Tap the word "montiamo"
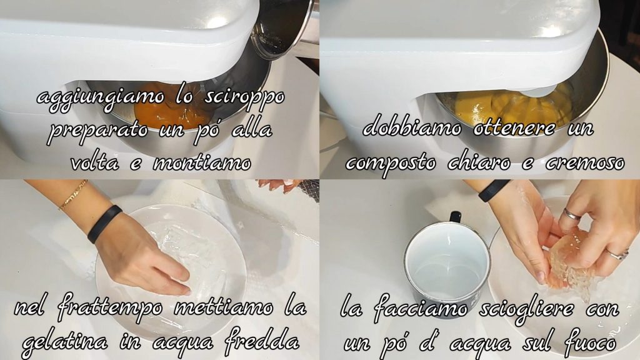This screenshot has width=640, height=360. tap(202, 163)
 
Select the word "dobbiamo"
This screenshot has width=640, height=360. tap(412, 127)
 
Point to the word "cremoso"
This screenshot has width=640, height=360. tap(584, 162)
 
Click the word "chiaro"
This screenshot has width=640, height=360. tap(479, 162)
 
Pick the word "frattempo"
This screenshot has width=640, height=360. tap(110, 307)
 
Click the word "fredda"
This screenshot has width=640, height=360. tap(262, 338)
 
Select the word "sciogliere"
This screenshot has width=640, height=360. tap(526, 308)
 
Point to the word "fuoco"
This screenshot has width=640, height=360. tap(589, 340)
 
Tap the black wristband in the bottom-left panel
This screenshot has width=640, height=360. tap(104, 224)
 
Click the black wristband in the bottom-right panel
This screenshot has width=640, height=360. tap(494, 190)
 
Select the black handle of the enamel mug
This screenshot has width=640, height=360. tap(455, 216)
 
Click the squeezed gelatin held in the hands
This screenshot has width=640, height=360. tap(569, 261)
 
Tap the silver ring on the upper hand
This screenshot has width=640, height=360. tap(571, 214)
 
